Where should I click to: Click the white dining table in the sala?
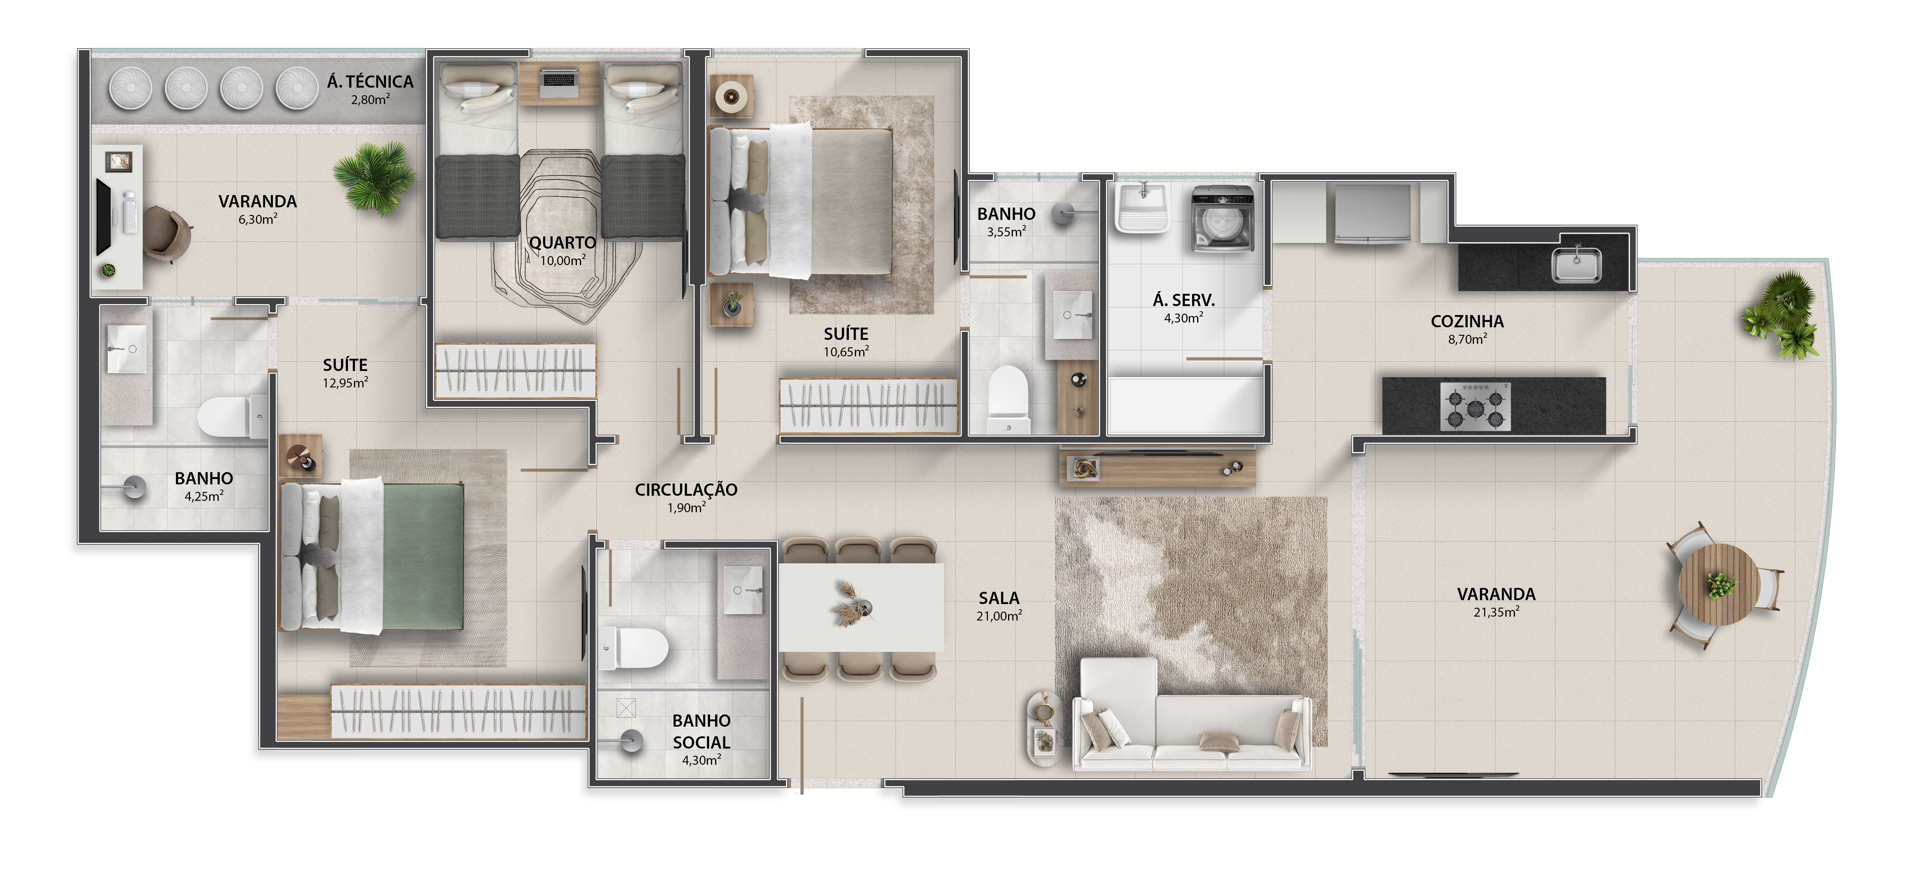861,607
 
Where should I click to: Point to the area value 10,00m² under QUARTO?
562,261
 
